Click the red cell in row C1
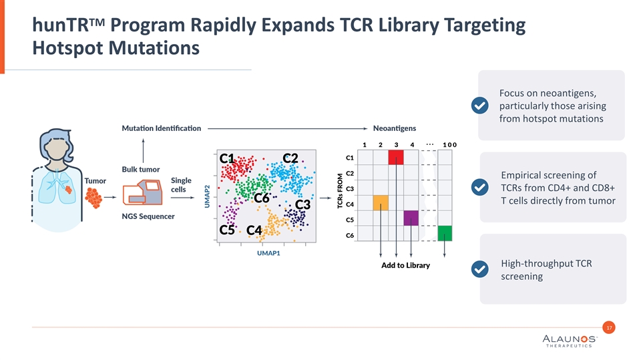pyautogui.click(x=396, y=157)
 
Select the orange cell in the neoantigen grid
pyautogui.click(x=381, y=203)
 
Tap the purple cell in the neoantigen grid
pyautogui.click(x=411, y=218)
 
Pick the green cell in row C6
pyautogui.click(x=445, y=233)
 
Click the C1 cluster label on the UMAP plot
pyautogui.click(x=227, y=159)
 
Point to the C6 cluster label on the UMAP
pyautogui.click(x=261, y=198)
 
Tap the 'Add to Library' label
pyautogui.click(x=405, y=265)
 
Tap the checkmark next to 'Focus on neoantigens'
pyautogui.click(x=479, y=106)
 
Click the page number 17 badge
pyautogui.click(x=608, y=327)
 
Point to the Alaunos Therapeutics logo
pyautogui.click(x=570, y=342)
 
